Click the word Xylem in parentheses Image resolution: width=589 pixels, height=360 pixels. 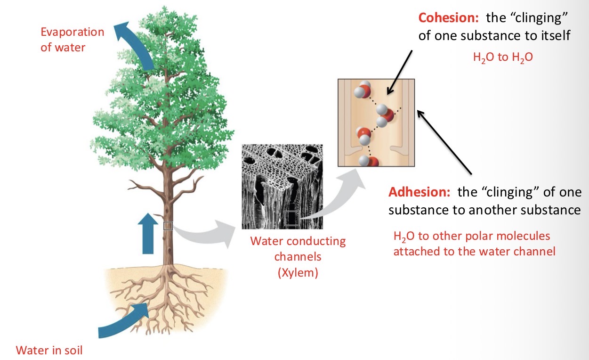298,272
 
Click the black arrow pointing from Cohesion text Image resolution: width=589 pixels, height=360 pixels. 399,71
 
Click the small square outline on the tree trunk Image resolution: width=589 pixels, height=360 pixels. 168,226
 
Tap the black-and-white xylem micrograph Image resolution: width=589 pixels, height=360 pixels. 282,186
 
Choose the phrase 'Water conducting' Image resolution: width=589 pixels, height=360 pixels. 298,242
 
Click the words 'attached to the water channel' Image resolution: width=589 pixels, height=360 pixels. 474,252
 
